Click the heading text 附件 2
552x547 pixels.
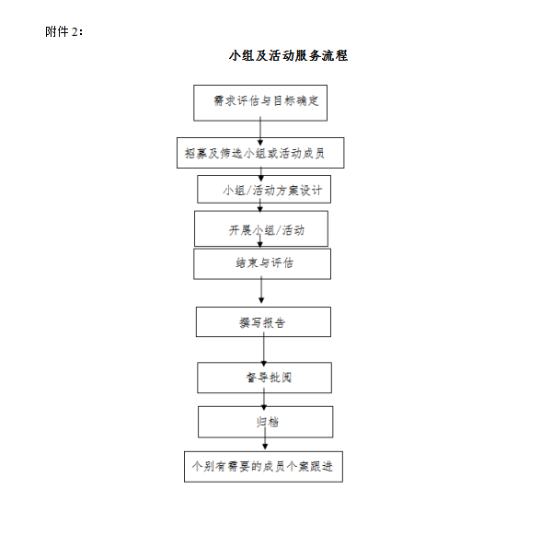tap(63, 31)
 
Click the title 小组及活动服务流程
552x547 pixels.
tap(288, 55)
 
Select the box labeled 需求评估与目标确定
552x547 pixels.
tap(260, 103)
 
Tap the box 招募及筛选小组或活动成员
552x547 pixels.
tap(260, 153)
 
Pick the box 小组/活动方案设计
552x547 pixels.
tap(264, 190)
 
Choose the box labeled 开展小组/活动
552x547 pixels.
tap(261, 228)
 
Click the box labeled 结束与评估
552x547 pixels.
tap(262, 264)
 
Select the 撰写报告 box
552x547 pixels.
tap(263, 321)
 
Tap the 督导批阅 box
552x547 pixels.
tap(264, 378)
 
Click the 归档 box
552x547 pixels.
tap(266, 422)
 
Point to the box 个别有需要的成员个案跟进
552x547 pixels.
tap(263, 467)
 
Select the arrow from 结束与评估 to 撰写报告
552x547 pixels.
tap(261, 290)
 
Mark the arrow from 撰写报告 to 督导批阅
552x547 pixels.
tap(264, 349)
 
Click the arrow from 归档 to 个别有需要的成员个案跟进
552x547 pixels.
tap(265, 438)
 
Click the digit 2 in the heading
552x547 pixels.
tap(75, 32)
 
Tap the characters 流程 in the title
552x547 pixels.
tap(334, 55)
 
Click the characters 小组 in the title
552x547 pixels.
tap(241, 55)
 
